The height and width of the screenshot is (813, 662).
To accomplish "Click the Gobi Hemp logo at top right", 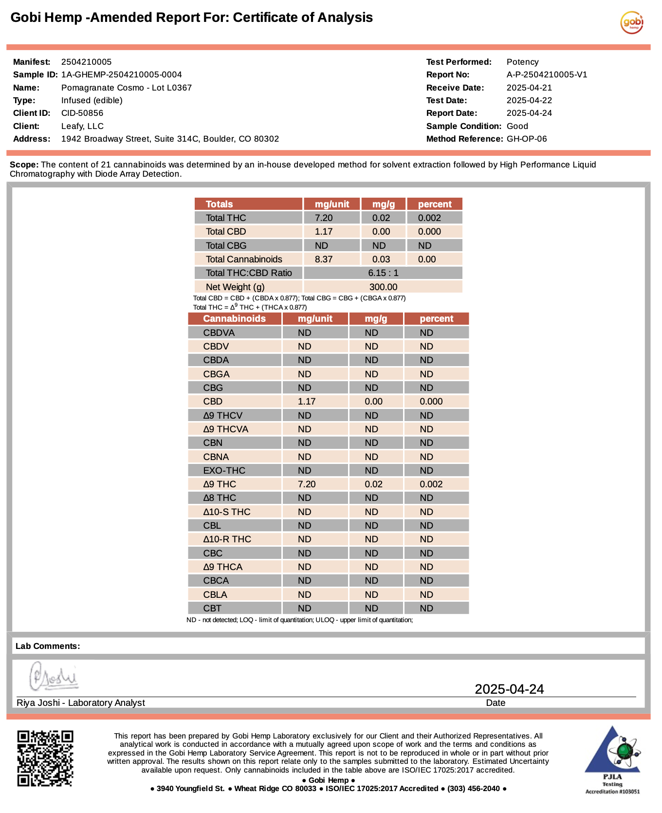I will (632, 22).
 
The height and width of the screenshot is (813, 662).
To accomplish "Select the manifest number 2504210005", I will (86, 62).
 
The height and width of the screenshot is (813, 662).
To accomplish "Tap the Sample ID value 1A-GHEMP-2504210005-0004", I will (121, 74).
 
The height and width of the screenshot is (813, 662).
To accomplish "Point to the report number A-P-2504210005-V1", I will (547, 74).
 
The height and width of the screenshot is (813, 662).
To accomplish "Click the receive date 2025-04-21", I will (529, 88).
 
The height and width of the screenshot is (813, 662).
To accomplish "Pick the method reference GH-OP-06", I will (527, 139).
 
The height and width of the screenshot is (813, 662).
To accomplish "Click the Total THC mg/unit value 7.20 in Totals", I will (324, 218).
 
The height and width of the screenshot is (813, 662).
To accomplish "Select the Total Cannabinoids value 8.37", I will (324, 259).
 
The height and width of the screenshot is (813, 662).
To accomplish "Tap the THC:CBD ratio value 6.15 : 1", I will (383, 273).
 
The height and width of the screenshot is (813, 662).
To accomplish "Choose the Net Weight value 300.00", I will (383, 287).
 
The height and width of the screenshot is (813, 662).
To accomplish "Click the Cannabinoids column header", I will (234, 318).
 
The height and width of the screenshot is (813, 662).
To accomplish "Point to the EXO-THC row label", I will (224, 470).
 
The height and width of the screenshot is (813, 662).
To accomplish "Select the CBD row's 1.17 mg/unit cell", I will (307, 401).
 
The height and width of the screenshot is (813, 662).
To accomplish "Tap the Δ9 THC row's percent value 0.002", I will (431, 484).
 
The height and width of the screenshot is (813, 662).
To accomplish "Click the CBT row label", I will (212, 608).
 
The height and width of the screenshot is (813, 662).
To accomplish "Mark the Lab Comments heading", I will (48, 646).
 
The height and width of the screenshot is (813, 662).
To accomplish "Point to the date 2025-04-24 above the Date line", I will (509, 689).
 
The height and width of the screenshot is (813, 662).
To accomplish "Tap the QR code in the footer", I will (45, 758).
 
